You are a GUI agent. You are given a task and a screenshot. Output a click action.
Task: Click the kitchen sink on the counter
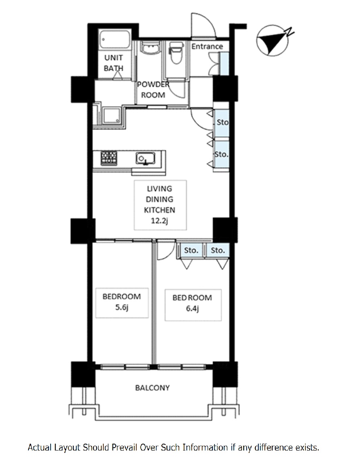click(x=145, y=158)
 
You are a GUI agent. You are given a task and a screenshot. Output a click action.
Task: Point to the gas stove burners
click(x=109, y=158)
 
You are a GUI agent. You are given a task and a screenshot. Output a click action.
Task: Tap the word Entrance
click(x=207, y=47)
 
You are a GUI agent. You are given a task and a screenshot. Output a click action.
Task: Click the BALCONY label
click(x=152, y=388)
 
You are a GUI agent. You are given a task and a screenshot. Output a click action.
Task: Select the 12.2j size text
click(x=159, y=221)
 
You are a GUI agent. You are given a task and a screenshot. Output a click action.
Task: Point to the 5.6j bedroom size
click(x=122, y=308)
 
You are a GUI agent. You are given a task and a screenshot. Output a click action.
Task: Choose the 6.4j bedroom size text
click(x=192, y=309)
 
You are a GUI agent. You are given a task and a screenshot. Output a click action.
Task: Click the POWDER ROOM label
click(x=153, y=90)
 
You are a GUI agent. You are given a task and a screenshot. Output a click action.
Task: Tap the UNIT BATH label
click(x=114, y=63)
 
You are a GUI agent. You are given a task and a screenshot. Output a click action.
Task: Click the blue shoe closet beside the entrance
click(x=224, y=63)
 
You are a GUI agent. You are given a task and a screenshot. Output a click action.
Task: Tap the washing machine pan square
click(x=112, y=116)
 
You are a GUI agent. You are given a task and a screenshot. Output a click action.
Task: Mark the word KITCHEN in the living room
click(x=159, y=210)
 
